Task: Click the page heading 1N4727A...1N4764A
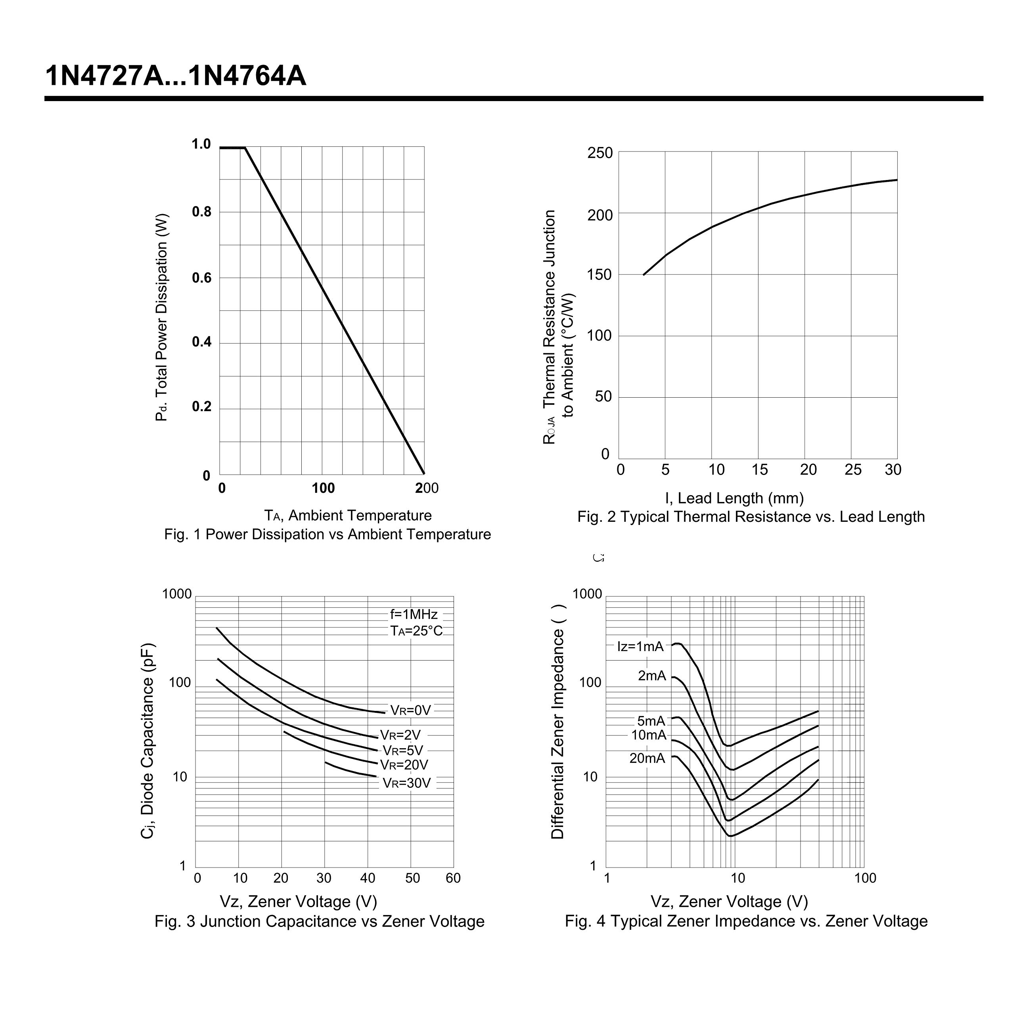click(x=176, y=76)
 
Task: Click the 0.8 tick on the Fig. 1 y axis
click(x=201, y=212)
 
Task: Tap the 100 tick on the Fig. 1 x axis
click(x=323, y=488)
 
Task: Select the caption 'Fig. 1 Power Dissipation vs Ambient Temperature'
click(x=327, y=534)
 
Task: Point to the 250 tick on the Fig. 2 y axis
click(x=600, y=153)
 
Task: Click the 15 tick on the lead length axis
click(x=759, y=470)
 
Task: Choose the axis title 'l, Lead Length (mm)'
click(x=734, y=498)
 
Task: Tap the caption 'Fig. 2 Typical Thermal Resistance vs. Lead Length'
click(x=751, y=517)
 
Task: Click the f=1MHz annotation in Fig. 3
click(x=414, y=614)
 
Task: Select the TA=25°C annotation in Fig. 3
click(x=416, y=631)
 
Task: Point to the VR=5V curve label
click(x=402, y=750)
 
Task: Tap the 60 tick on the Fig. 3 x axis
click(x=453, y=878)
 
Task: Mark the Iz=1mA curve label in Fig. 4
click(x=640, y=647)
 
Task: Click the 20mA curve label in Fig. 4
click(x=647, y=758)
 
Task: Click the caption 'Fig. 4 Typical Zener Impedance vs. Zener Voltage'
click(x=746, y=921)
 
